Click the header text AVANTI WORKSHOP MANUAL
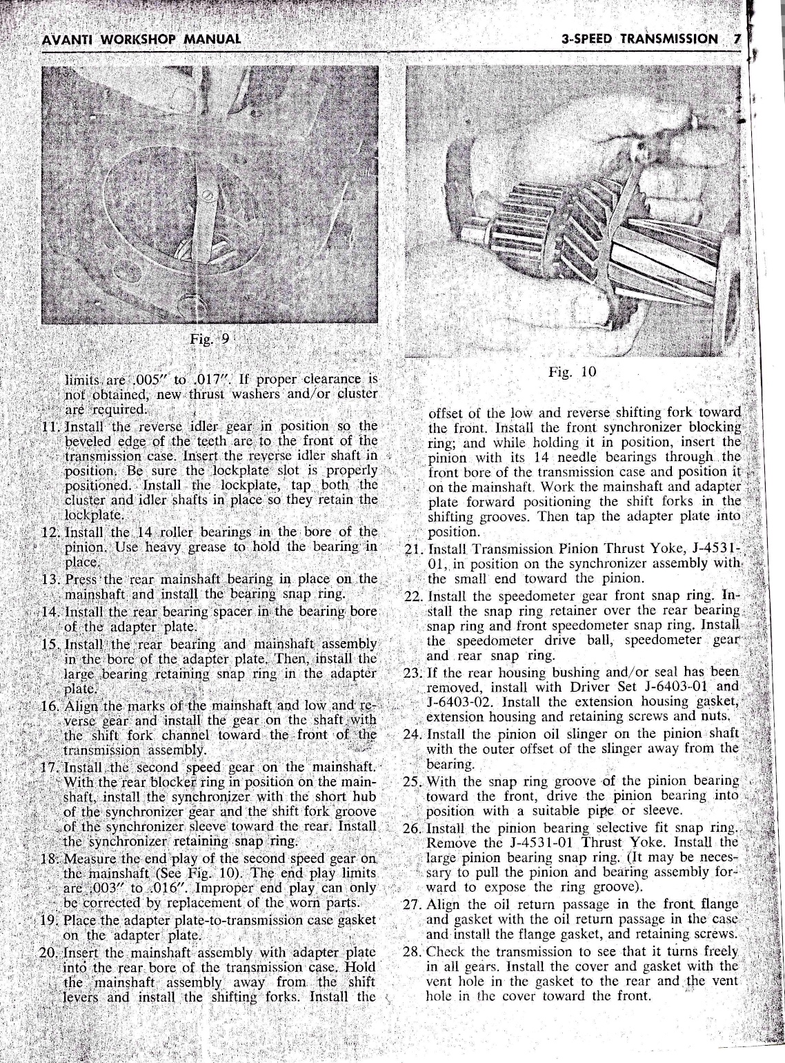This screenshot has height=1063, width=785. point(141,39)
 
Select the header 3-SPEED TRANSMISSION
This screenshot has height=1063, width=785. point(639,39)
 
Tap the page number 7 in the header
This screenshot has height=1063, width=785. point(736,39)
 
